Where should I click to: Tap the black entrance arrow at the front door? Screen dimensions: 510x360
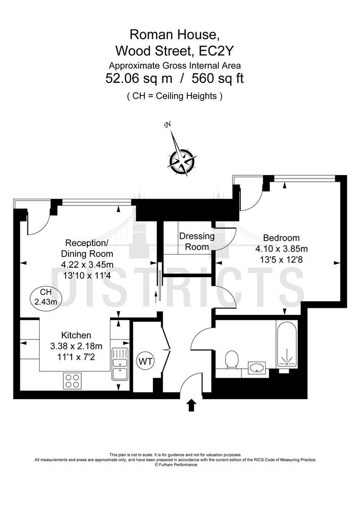[191, 405]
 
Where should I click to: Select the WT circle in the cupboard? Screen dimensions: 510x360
[145, 362]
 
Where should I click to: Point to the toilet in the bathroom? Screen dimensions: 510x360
[232, 361]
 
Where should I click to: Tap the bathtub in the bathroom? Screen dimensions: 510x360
[286, 345]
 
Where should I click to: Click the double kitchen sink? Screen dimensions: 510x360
[119, 364]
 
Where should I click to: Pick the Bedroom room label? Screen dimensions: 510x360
[281, 238]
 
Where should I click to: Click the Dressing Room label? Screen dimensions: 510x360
[196, 241]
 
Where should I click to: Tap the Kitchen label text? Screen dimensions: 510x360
[76, 335]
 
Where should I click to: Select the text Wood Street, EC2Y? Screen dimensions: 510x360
[175, 50]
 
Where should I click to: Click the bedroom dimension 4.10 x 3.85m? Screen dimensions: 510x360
[281, 248]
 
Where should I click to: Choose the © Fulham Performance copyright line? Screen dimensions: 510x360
[176, 465]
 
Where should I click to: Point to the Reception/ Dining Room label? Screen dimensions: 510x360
[87, 249]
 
